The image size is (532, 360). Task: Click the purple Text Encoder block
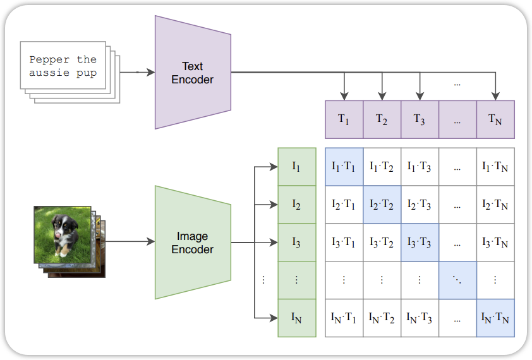point(193,73)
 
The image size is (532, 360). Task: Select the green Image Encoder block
point(193,243)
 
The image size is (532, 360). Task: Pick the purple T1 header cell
point(344,119)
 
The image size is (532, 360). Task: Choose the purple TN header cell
point(495,119)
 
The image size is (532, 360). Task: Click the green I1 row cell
point(296,167)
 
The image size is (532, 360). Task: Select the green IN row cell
point(296,318)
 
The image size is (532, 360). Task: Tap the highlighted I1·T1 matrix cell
point(344,167)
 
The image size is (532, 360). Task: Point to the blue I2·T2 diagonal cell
point(382,205)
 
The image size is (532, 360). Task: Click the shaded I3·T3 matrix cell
point(420,243)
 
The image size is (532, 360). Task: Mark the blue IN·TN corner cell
point(495,318)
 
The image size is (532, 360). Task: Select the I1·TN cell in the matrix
point(495,167)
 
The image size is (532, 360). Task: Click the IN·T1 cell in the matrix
point(344,318)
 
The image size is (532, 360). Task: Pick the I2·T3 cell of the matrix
point(420,205)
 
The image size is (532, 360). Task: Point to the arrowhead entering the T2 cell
point(382,96)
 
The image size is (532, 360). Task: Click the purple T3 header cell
point(420,119)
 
